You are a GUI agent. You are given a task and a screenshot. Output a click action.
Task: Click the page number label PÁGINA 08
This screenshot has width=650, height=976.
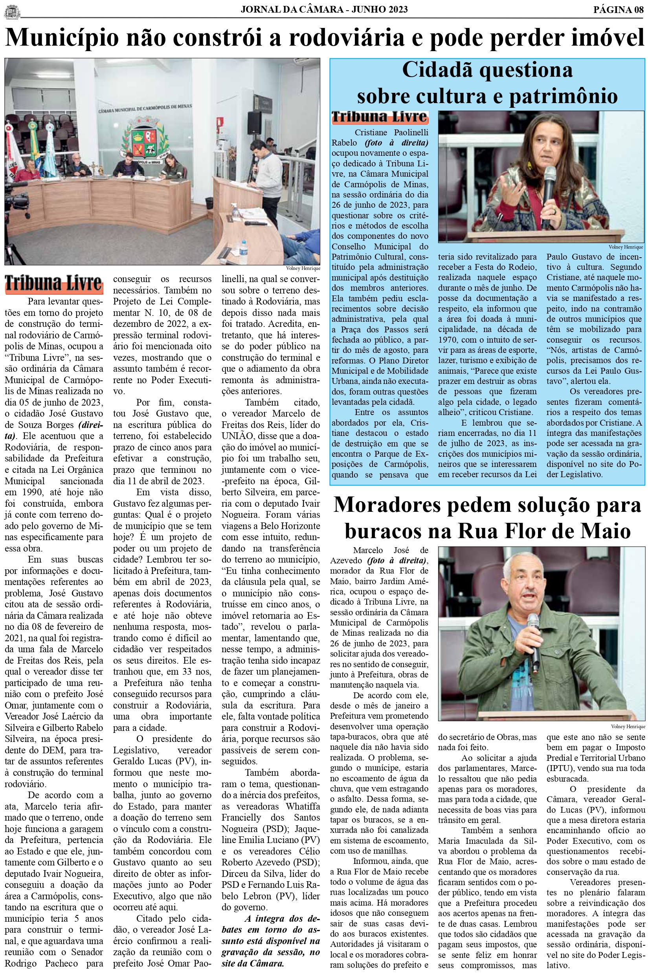click(x=618, y=9)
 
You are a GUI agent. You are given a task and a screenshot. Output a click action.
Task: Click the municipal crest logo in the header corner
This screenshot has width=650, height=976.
click(x=12, y=11)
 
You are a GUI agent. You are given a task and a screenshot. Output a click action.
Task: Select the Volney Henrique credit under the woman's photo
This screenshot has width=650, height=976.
click(x=626, y=247)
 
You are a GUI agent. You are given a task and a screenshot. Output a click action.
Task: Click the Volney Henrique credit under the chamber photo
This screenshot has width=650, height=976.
click(x=303, y=268)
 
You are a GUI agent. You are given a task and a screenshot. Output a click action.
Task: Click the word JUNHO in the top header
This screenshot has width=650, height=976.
click(x=369, y=9)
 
